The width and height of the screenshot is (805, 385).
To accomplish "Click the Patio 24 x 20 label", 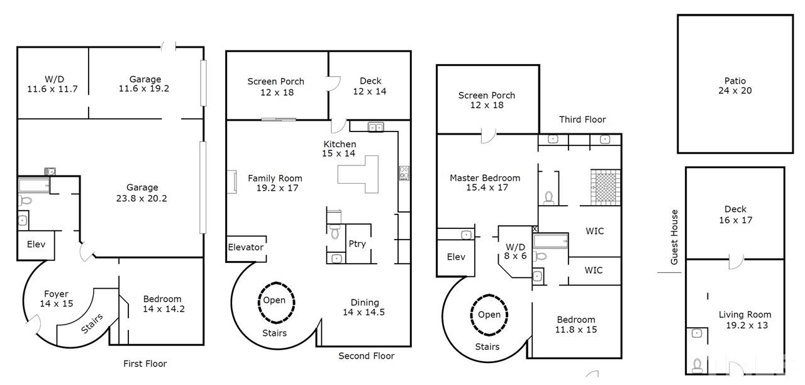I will [735, 86].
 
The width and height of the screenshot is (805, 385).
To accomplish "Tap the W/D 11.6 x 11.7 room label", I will [53, 84].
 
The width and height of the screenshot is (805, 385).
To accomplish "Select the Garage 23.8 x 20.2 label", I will [142, 192].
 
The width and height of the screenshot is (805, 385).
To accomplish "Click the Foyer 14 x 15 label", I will [56, 299].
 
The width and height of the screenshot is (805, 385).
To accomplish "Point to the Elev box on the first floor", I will [35, 244].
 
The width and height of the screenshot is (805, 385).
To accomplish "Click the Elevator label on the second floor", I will [245, 247].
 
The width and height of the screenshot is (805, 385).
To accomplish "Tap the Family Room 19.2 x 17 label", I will [274, 183].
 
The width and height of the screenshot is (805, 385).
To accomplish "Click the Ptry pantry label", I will [357, 244].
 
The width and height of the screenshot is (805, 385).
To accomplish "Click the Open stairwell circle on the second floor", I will [274, 300].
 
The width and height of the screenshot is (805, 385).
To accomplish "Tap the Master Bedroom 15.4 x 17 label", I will [484, 182].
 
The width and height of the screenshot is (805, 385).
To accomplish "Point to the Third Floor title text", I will [582, 120].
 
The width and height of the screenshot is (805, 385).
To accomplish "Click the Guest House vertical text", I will [674, 237].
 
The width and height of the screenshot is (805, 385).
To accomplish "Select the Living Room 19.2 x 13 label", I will [745, 320].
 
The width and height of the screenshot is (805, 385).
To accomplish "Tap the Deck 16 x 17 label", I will [735, 215].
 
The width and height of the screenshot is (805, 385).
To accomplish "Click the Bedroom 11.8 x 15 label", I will [575, 324].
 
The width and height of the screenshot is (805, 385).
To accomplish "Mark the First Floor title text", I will [145, 364].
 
